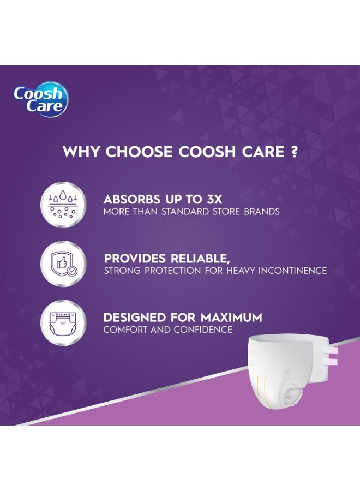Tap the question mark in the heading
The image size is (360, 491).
(x=295, y=152)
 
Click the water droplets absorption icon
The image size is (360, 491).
(x=63, y=205)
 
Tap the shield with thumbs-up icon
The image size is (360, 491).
(x=63, y=264)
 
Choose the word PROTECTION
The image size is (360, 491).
(x=167, y=271)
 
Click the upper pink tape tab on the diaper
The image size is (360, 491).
(x=330, y=351)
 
